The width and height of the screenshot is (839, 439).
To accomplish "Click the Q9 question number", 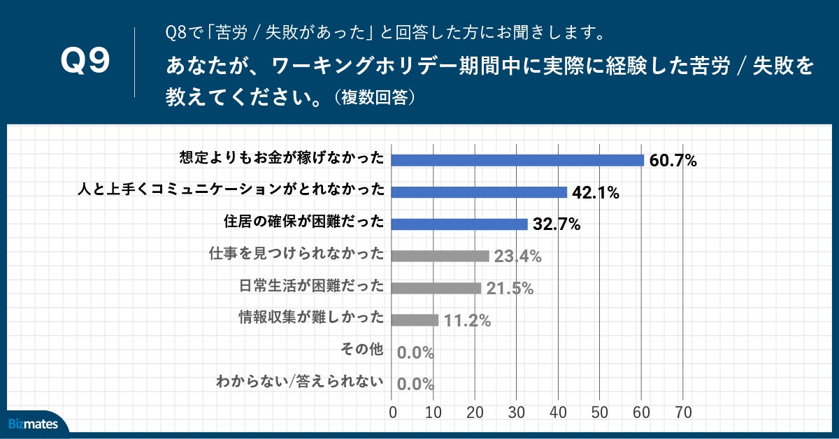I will (86, 62).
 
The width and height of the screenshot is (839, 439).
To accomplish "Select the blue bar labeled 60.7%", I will (517, 160).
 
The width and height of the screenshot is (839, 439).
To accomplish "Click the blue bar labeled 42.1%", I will (479, 192).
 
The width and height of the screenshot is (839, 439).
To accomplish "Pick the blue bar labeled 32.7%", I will (459, 224).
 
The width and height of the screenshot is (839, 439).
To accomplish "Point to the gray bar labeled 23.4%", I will (440, 256).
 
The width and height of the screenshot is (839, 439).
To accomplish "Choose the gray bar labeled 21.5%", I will (436, 288).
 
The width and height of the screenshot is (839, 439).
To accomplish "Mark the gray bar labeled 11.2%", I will (415, 320).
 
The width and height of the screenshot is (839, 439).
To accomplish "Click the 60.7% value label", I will (673, 161).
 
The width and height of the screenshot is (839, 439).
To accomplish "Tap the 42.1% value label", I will (596, 194).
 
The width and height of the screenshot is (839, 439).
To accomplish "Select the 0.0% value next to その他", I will (415, 353).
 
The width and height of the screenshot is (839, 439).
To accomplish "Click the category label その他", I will (362, 349).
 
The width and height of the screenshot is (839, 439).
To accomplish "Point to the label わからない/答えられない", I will (301, 382).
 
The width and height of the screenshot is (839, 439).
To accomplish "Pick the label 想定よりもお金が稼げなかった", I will (282, 159).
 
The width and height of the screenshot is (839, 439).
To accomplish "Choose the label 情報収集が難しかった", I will (312, 317).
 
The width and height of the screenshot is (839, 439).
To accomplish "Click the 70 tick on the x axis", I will (683, 412).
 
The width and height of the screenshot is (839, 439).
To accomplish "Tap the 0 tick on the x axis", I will (393, 412).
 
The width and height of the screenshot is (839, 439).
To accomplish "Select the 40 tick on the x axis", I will (558, 412).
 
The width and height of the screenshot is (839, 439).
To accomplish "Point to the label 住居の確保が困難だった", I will (304, 222).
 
